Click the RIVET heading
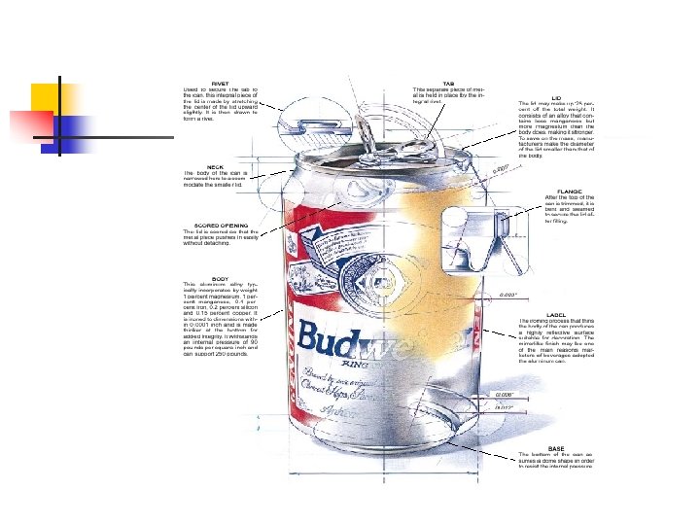(220, 83)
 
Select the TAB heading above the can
(448, 83)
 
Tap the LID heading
(557, 96)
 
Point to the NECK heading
(215, 167)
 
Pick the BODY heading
(221, 278)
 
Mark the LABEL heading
(557, 315)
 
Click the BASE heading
(556, 447)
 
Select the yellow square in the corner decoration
(47, 99)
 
